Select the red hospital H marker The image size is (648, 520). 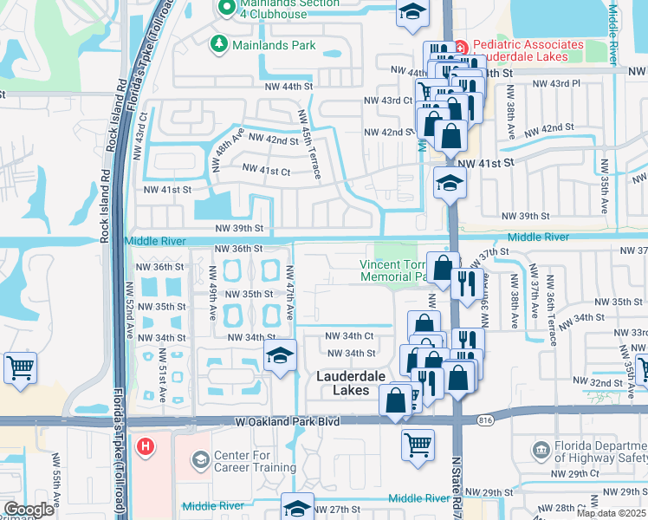point(146,448)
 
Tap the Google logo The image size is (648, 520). point(29,510)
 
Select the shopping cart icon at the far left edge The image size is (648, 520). point(20,367)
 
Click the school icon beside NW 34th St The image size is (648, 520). point(279,357)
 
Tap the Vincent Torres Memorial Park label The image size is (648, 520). point(394,270)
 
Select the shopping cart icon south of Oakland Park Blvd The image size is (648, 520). point(418,445)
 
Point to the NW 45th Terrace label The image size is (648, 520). point(309,145)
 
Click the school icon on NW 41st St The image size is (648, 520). point(449,184)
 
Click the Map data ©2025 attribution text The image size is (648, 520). point(611,513)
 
